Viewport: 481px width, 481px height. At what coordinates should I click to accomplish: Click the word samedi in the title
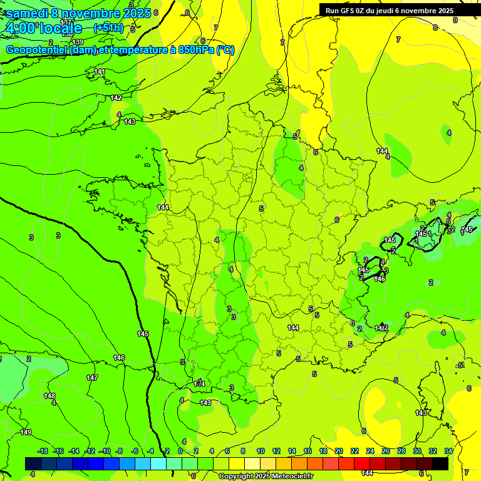[x=28, y=13]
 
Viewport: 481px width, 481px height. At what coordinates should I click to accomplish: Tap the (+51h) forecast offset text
[x=108, y=28]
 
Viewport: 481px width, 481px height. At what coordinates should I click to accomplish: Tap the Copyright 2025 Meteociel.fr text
[x=266, y=477]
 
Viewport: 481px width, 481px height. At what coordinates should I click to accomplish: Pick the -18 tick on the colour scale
[x=43, y=451]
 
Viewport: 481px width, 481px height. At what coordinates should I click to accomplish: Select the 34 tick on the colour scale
[x=448, y=451]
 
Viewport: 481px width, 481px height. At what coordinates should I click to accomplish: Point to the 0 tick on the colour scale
[x=180, y=451]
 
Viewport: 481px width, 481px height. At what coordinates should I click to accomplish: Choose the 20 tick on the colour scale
[x=339, y=451]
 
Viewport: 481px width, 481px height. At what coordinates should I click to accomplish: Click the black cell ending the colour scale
[x=440, y=463]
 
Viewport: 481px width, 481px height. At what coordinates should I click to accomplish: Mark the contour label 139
[x=78, y=42]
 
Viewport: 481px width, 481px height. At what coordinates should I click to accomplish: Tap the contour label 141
[x=100, y=72]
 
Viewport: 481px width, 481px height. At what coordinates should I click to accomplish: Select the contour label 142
[x=116, y=98]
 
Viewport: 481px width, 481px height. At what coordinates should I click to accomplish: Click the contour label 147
[x=92, y=378]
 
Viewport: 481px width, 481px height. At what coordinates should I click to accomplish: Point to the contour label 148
[x=49, y=396]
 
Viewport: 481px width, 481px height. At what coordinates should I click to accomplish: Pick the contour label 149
[x=26, y=432]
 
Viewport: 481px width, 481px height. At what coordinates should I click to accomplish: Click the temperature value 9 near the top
[x=455, y=20]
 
